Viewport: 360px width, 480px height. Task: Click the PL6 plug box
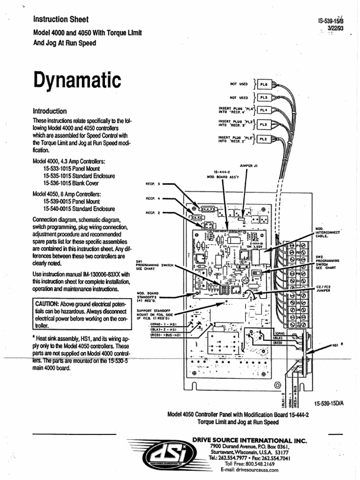(x=263, y=85)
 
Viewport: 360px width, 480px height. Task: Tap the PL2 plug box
(x=263, y=139)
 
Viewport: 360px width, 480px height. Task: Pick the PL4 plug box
(x=263, y=111)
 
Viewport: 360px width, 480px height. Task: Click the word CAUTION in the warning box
(x=48, y=305)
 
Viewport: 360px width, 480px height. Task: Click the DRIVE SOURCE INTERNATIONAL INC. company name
(x=249, y=441)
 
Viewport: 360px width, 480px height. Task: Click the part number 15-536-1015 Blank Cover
(x=71, y=183)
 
